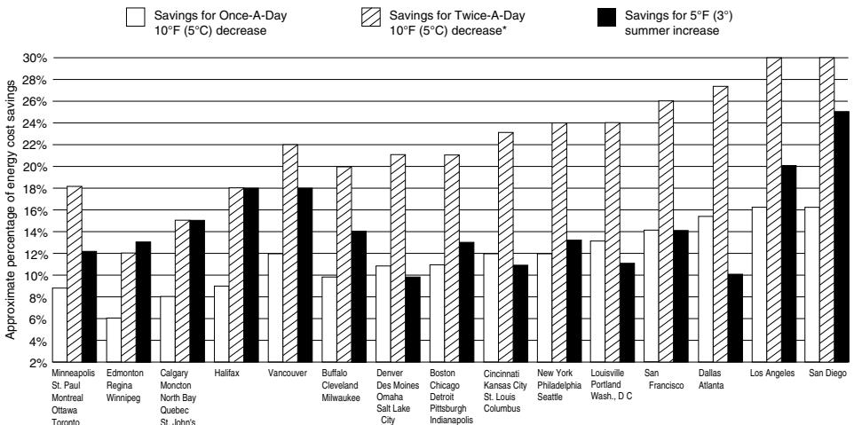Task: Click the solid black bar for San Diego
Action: coord(842,237)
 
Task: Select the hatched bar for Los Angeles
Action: coord(774,210)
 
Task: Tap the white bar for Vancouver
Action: coord(275,308)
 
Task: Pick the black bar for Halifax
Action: coord(251,275)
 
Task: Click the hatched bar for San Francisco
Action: coord(666,232)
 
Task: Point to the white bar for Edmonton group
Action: coord(114,340)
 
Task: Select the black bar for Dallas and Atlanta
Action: coord(735,319)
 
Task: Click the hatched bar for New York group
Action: coord(558,243)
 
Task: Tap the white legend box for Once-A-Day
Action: coord(136,17)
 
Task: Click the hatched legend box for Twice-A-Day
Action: coord(371,17)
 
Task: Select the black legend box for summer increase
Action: coord(606,17)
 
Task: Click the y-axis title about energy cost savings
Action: coord(11,209)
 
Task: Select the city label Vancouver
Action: coord(288,374)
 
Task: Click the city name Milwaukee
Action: coord(341,397)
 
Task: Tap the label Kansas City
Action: coord(505,386)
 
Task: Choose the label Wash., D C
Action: coord(611,397)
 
